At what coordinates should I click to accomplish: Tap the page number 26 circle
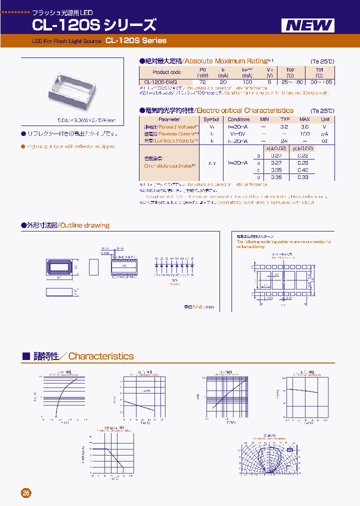pos(26,493)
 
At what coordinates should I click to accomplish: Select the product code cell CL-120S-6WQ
pos(160,82)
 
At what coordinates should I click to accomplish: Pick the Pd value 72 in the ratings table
pos(202,82)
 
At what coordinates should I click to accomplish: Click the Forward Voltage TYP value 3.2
pos(284,127)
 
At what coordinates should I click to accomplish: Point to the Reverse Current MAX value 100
pos(304,134)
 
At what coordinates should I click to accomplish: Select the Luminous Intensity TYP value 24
pos(284,141)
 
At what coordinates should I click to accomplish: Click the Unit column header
pos(325,119)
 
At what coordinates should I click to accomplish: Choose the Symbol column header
pos(210,119)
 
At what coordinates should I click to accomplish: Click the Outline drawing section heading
pos(84,225)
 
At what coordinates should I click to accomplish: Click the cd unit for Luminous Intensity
pos(325,141)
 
